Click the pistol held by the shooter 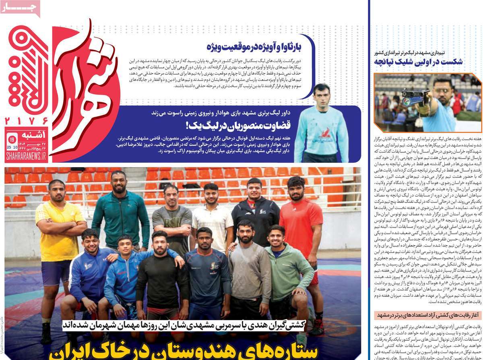click(x=415, y=97)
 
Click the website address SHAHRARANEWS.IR click(x=26, y=156)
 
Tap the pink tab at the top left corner click(x=20, y=8)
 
